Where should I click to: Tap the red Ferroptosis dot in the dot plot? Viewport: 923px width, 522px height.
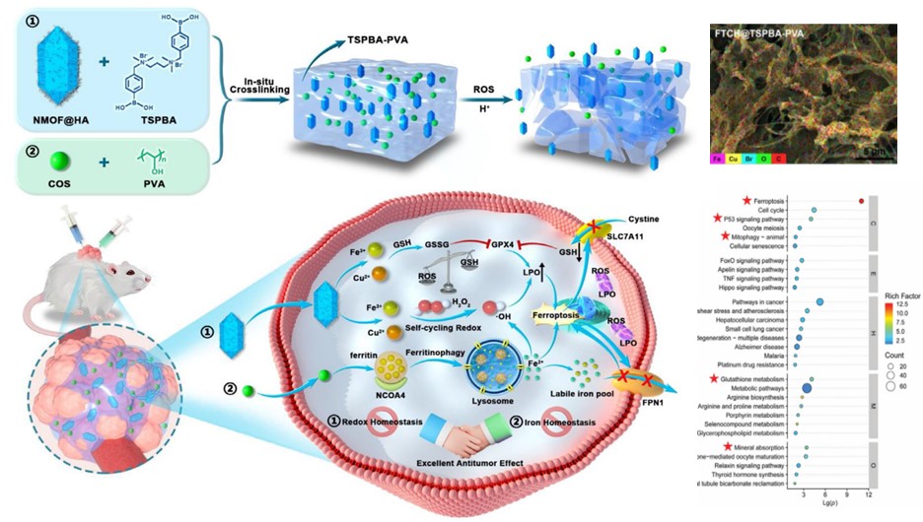(861, 201)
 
